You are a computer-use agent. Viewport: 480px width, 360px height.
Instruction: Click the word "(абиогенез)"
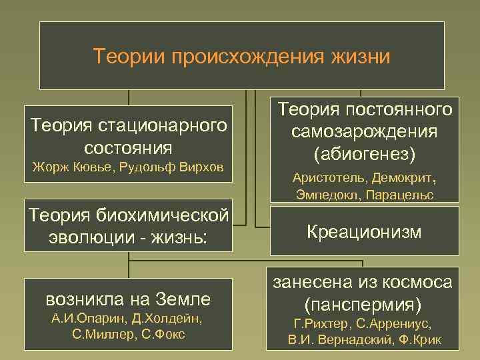(365, 154)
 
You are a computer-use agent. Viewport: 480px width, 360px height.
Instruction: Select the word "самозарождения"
(365, 131)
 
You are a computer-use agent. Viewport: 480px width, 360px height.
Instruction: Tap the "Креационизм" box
(364, 232)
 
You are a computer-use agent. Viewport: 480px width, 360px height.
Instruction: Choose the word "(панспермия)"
(364, 305)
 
